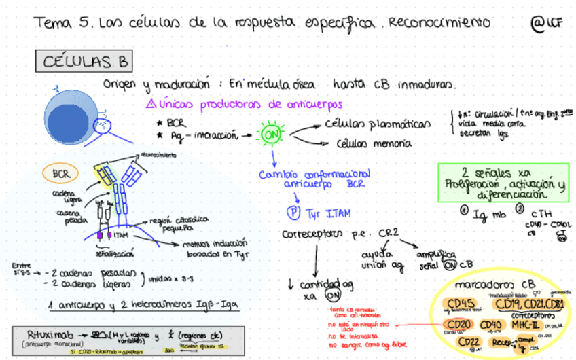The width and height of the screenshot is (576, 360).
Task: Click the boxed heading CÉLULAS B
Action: [x=85, y=62]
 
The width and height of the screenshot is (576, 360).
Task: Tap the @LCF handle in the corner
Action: [x=547, y=23]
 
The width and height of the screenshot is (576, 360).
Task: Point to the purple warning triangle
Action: [x=151, y=105]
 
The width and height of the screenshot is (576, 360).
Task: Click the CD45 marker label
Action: [x=460, y=304]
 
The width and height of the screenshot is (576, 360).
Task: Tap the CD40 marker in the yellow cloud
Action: [x=490, y=325]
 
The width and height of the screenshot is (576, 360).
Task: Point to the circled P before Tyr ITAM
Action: [x=293, y=213]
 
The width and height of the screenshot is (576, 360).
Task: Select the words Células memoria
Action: [x=374, y=143]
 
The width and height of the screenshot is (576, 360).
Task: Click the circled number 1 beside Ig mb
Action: [x=463, y=210]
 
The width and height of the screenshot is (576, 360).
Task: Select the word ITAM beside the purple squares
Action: [x=122, y=235]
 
